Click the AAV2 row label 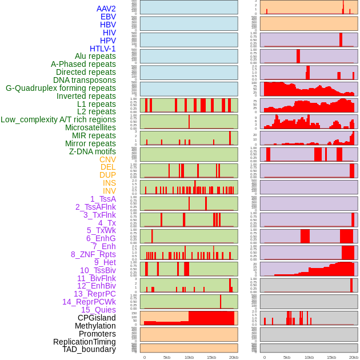[106, 9]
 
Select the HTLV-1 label [103, 49]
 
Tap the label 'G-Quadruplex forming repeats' [61, 88]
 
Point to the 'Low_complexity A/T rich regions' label [58, 119]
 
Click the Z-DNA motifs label [93, 151]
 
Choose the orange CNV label [107, 159]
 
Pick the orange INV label [109, 191]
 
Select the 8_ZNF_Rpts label [93, 254]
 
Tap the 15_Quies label [98, 310]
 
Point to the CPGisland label [97, 318]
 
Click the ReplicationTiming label [85, 342]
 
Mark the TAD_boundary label [89, 349]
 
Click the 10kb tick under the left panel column [189, 357]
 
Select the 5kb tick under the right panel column [287, 357]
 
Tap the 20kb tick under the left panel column [234, 357]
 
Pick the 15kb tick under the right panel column [331, 357]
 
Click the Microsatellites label [90, 127]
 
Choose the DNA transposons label [85, 80]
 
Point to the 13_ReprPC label [95, 294]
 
